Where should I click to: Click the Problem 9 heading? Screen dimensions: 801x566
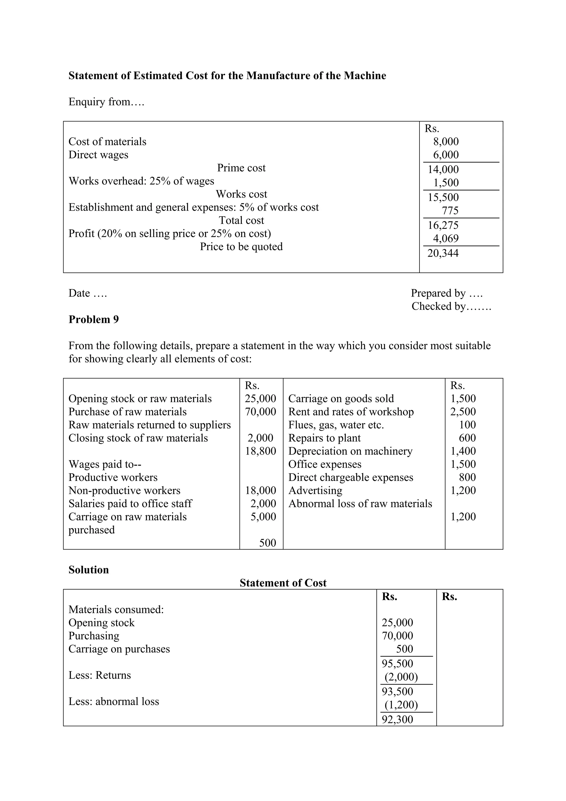coord(93,319)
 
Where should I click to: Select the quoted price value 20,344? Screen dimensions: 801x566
coord(443,253)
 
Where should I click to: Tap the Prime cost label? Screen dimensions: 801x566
coord(241,168)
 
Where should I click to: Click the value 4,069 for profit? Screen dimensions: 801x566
coord(446,239)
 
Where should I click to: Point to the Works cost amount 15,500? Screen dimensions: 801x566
coord(443,197)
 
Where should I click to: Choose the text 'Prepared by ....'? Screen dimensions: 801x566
coord(446,293)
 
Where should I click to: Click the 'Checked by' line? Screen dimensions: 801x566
coord(451,306)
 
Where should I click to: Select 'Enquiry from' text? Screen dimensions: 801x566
coord(106,102)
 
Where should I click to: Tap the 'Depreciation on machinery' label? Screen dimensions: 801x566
coord(350,451)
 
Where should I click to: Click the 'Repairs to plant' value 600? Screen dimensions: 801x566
coord(467,438)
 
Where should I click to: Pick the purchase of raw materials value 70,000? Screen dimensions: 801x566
coord(260,412)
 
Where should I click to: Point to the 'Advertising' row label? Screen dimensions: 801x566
coord(315,491)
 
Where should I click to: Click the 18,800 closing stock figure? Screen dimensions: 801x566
coord(260,451)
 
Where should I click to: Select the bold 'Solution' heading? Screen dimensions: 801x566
coord(89,570)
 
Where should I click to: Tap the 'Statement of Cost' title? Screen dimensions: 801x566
coord(283,583)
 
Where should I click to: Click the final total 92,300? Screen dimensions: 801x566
coord(397,719)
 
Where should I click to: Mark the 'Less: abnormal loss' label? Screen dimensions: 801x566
coord(114,701)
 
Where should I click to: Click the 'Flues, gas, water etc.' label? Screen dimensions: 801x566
coord(336,425)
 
